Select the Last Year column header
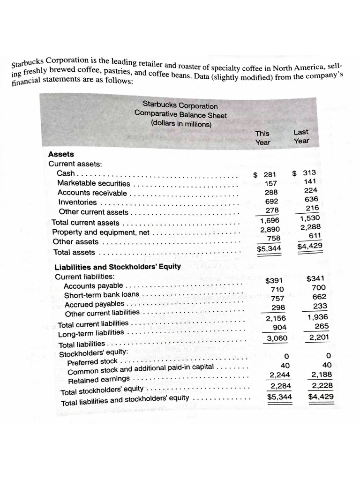coord(301,136)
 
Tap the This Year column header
coord(262,138)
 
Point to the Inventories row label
coord(78,202)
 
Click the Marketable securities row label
coord(94,183)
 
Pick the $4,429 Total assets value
coord(310,246)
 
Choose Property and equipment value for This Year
coord(270,229)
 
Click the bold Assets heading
coord(61,154)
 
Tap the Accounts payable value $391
coord(273,281)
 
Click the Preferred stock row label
coord(92,361)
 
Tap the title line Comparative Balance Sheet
coord(180,115)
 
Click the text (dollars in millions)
coord(181,124)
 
